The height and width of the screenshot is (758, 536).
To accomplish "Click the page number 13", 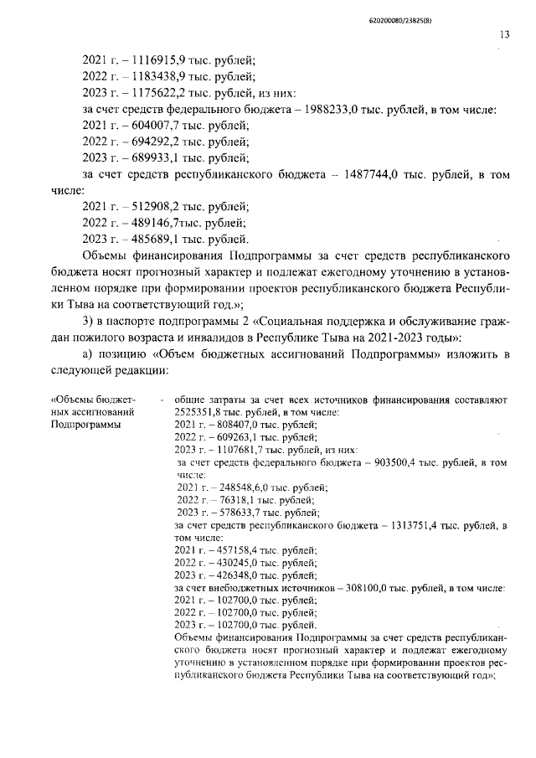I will pyautogui.click(x=503, y=34).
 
